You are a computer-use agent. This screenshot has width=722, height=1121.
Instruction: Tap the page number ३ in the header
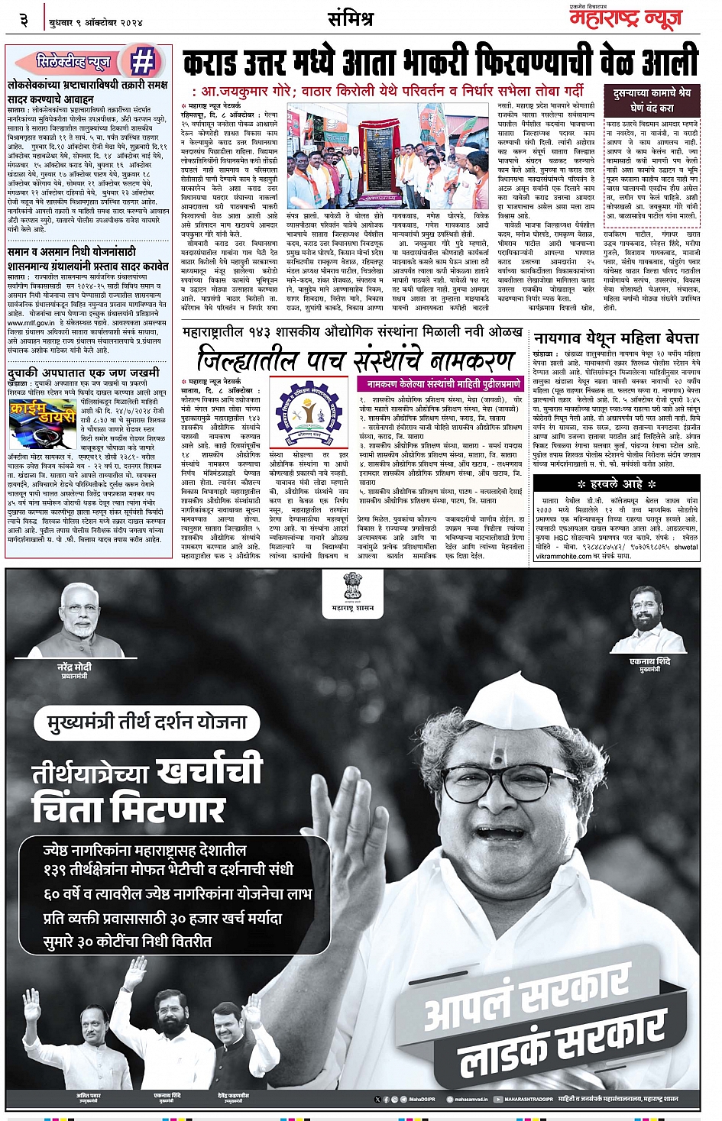tap(24, 20)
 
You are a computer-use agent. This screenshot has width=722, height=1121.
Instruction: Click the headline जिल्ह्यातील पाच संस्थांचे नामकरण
tap(355, 359)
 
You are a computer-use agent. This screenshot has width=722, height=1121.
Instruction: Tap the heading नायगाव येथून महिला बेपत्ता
tap(616, 338)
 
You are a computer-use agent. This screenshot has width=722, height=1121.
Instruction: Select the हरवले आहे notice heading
tap(617, 483)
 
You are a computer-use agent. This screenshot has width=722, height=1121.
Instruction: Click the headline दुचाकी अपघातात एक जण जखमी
tap(83, 373)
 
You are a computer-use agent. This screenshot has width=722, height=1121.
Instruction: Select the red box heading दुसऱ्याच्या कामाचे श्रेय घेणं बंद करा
tap(652, 100)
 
